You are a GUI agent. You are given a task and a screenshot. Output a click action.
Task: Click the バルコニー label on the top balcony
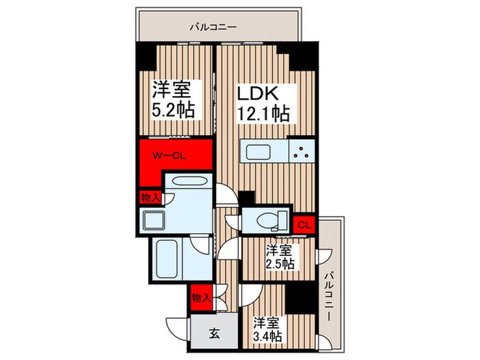(x=213, y=27)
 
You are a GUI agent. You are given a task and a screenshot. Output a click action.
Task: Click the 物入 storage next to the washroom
(x=149, y=197)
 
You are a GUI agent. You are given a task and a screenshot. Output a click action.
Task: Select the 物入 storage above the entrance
(x=200, y=298)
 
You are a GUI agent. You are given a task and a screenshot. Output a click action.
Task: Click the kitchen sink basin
(x=261, y=150)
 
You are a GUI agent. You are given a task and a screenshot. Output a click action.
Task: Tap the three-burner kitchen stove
(x=300, y=152)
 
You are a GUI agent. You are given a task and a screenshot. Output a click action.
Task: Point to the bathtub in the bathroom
(x=169, y=257)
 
